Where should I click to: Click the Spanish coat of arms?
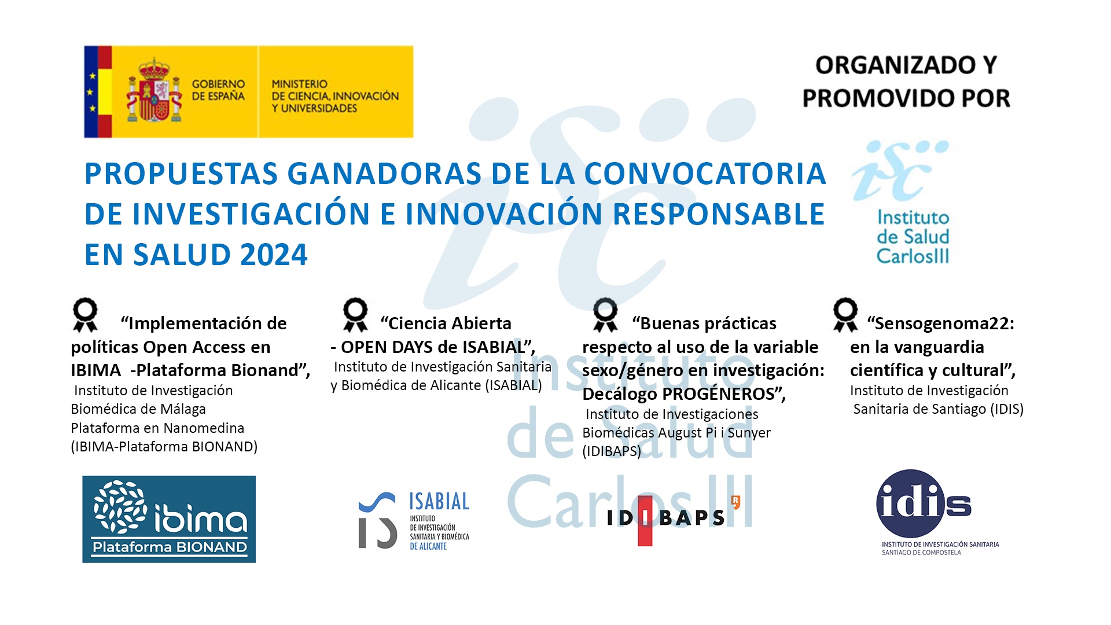[x=154, y=90]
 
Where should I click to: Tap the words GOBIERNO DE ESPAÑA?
[x=218, y=90]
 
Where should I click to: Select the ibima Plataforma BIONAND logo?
[x=169, y=519]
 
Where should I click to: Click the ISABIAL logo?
[x=414, y=520]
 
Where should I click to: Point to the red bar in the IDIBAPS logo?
[x=645, y=521]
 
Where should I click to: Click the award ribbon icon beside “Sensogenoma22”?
[x=845, y=315]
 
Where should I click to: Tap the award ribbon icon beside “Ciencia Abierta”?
[x=355, y=315]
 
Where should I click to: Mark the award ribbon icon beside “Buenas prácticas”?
[x=605, y=315]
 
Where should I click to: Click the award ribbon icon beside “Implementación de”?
[x=85, y=315]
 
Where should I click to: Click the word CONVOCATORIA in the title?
[x=705, y=174]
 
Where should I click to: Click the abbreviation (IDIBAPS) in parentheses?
[x=612, y=451]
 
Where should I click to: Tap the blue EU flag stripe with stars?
[x=90, y=91]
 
